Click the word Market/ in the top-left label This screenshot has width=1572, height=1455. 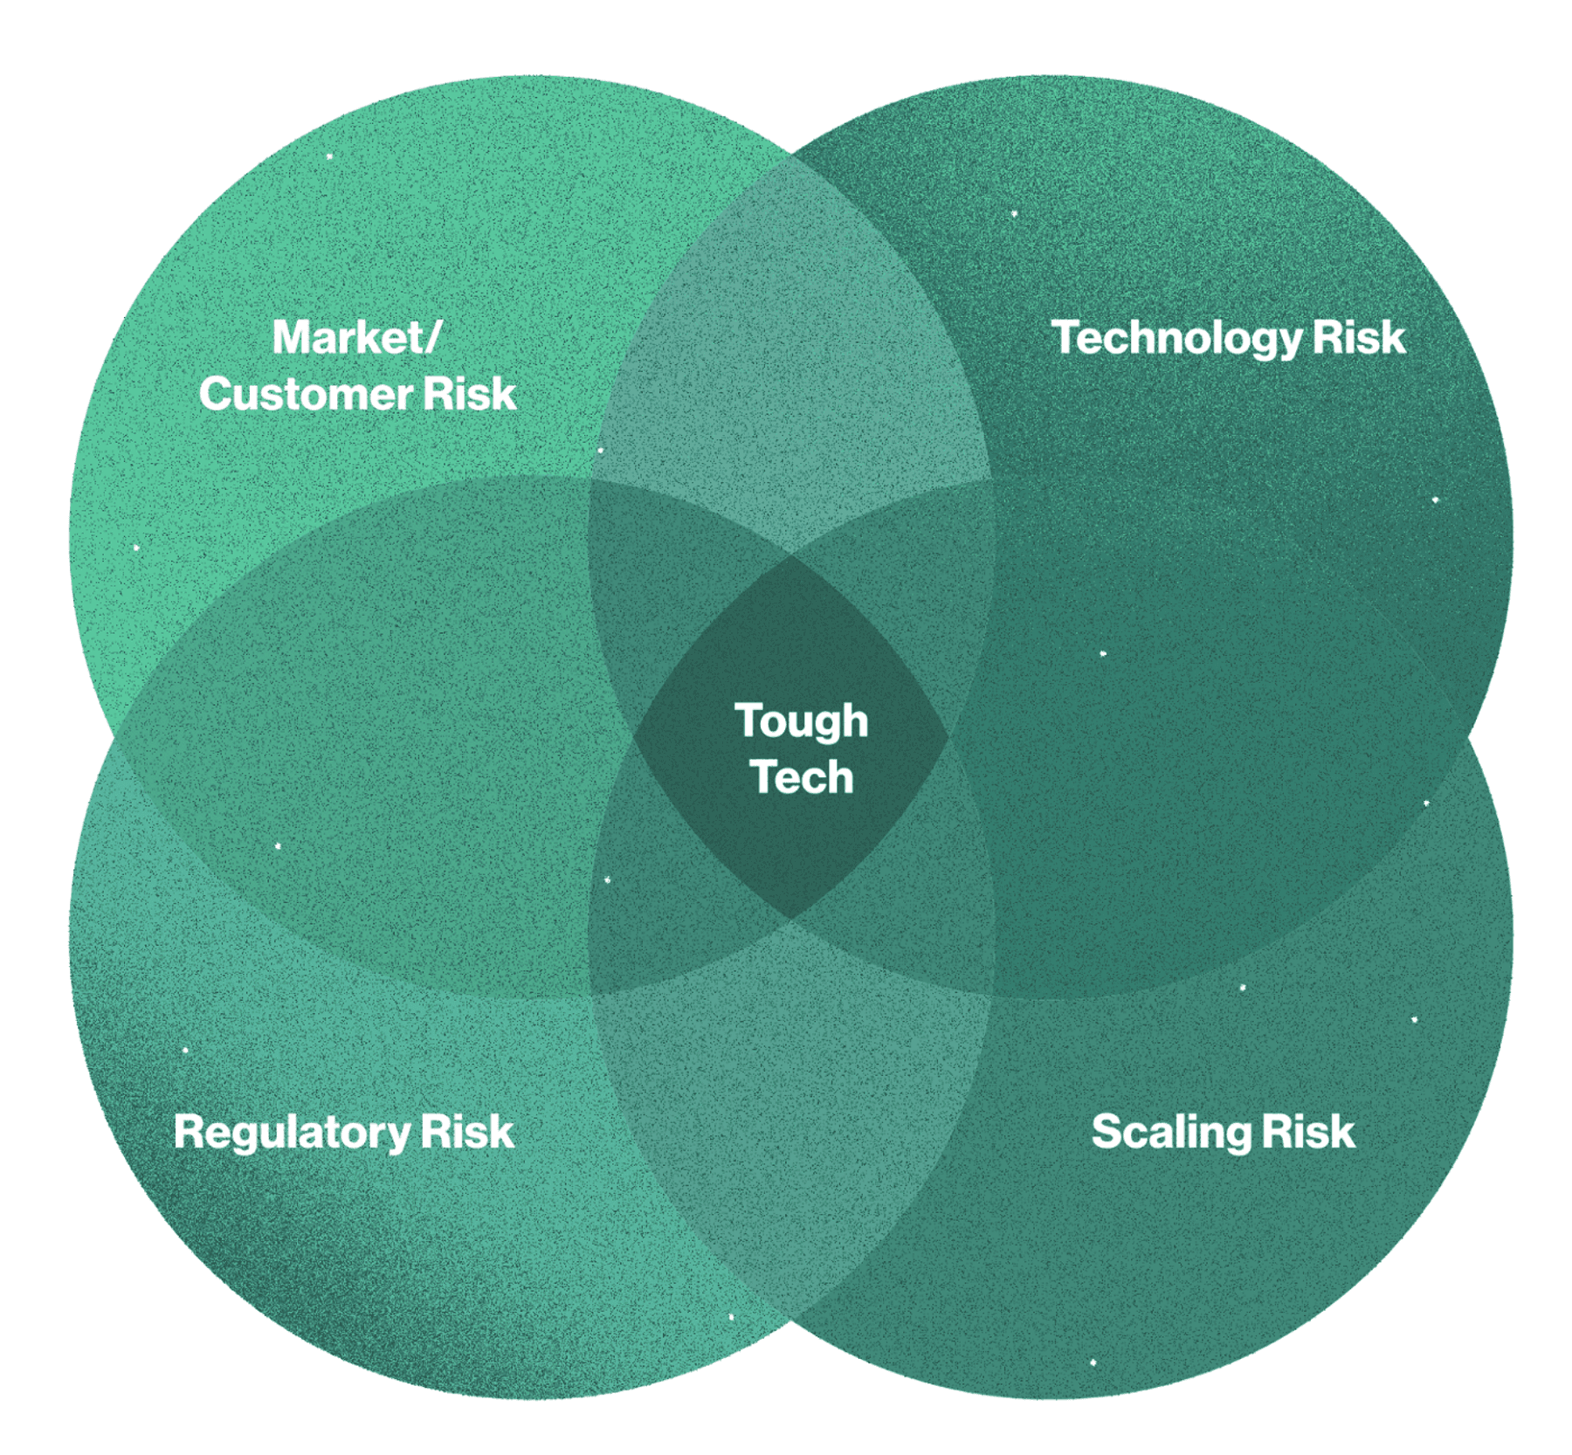pyautogui.click(x=356, y=337)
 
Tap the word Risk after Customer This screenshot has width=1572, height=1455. pyautogui.click(x=470, y=394)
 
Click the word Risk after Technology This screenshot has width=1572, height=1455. pyautogui.click(x=1359, y=337)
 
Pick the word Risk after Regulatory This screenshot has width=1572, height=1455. pyautogui.click(x=467, y=1132)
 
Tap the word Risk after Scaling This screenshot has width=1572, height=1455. pyautogui.click(x=1308, y=1132)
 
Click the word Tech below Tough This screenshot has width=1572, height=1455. pyautogui.click(x=802, y=777)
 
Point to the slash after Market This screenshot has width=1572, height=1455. pyautogui.click(x=431, y=338)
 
